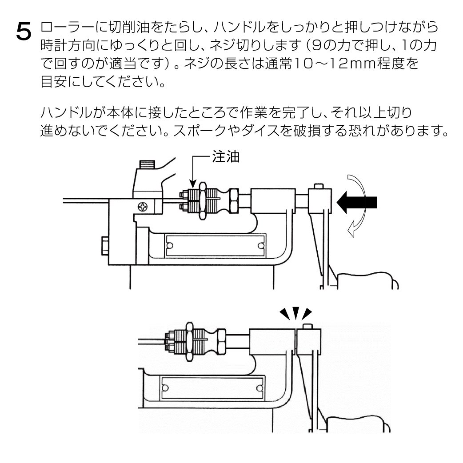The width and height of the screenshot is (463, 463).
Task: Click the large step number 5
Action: (x=24, y=32)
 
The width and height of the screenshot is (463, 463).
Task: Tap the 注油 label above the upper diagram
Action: (x=227, y=159)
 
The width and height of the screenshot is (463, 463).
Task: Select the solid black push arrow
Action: (x=357, y=202)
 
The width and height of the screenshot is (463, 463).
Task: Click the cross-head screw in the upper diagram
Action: (x=144, y=207)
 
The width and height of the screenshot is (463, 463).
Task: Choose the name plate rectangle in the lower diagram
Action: (x=213, y=387)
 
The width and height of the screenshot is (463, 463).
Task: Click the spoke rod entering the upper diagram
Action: (x=84, y=200)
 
